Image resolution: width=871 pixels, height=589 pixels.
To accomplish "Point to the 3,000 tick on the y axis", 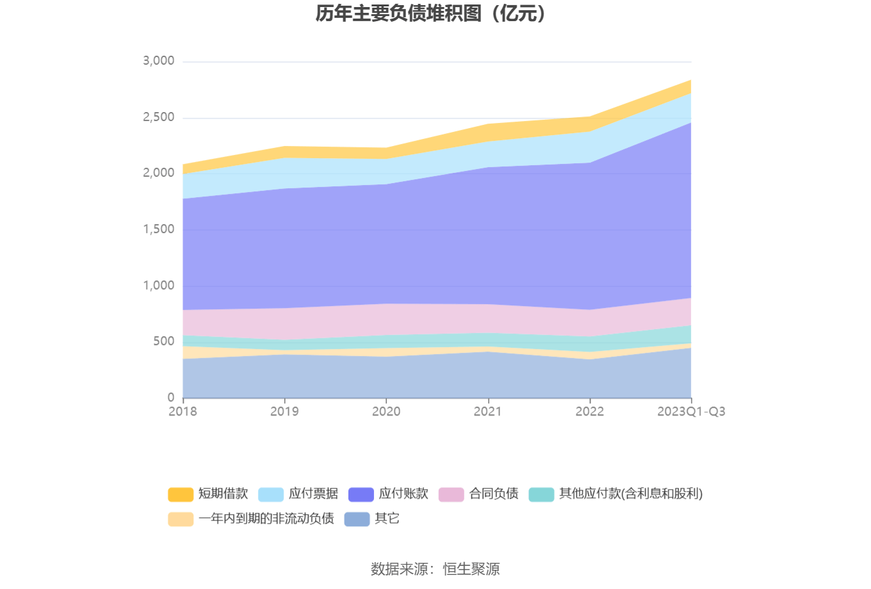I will coord(159,61).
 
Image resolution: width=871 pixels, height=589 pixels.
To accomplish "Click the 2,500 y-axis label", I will coord(159,117).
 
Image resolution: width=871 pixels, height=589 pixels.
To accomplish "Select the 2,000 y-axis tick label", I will coord(159,173).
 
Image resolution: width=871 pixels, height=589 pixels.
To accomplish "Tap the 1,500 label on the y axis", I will coord(159,229).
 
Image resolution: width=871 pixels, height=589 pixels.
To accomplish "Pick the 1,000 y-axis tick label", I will coord(159,286).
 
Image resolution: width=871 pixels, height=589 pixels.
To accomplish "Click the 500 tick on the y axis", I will coord(163,341).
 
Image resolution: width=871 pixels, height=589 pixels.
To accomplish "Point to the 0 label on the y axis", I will coord(170,398).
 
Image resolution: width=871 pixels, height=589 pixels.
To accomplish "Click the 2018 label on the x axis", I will coord(183,412).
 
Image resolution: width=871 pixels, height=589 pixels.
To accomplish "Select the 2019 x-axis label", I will coord(284,412).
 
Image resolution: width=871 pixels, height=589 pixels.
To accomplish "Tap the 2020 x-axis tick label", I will coord(386,412).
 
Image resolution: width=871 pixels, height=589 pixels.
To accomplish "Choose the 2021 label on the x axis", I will coord(487,412).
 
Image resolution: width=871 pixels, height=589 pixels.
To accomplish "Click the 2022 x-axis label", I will coord(589,412).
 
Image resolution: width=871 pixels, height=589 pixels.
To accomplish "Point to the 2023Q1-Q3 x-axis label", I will coord(691,412).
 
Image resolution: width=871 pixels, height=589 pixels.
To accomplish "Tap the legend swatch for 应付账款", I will coord(361,494).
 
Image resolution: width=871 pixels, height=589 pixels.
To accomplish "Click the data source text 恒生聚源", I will coord(471,569).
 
